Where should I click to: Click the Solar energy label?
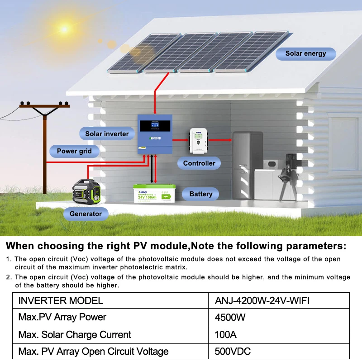click(x=305, y=53)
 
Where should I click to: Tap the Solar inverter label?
click(x=107, y=133)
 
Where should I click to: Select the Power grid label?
click(x=74, y=151)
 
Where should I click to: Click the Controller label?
click(x=199, y=163)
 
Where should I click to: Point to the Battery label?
click(x=200, y=194)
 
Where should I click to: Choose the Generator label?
click(x=86, y=214)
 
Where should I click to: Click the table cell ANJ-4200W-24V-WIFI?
click(x=262, y=300)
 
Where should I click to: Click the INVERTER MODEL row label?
click(x=61, y=300)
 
